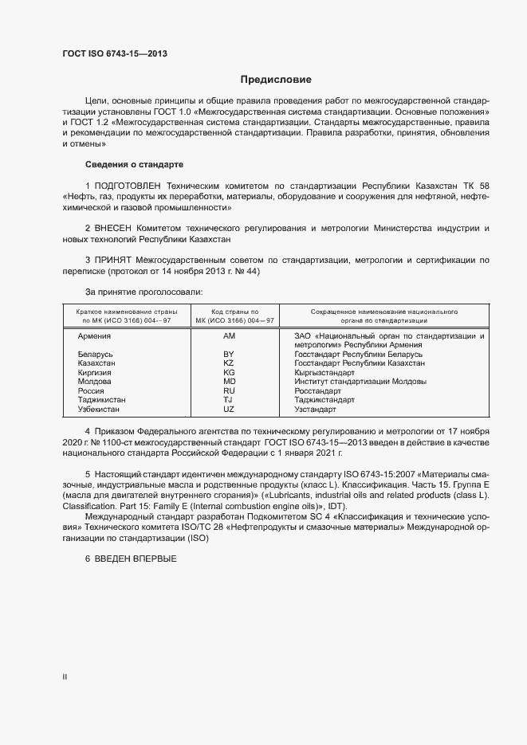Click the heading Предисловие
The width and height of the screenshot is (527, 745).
[276, 80]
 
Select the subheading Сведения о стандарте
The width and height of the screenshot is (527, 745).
[134, 164]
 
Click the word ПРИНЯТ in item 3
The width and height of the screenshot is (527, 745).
[115, 261]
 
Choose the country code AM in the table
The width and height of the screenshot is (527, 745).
[229, 336]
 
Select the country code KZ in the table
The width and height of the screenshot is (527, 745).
[229, 363]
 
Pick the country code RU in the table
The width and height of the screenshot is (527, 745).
[229, 390]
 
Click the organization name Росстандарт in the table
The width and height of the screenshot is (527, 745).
[317, 390]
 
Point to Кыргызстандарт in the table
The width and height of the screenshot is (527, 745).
[324, 372]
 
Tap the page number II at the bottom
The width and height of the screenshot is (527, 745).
[65, 677]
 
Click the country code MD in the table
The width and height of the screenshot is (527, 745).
[229, 382]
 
